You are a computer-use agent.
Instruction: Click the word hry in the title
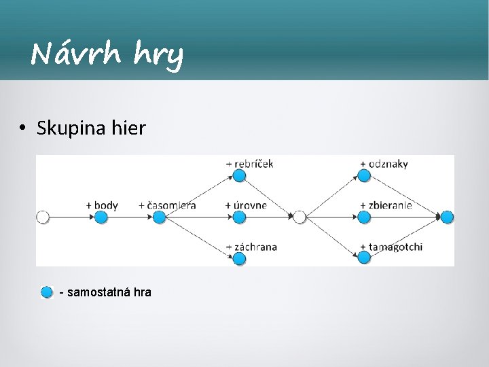158,55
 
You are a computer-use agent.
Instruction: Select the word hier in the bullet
126,127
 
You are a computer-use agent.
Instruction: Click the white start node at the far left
43,217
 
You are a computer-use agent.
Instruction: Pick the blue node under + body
101,217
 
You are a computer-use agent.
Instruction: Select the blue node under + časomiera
159,217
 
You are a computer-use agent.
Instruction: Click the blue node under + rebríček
238,175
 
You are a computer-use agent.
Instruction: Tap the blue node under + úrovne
238,217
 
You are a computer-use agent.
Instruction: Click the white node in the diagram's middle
300,217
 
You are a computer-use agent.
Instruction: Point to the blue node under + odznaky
364,175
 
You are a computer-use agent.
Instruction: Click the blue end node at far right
447,217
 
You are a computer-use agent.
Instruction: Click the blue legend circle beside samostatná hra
46,292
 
